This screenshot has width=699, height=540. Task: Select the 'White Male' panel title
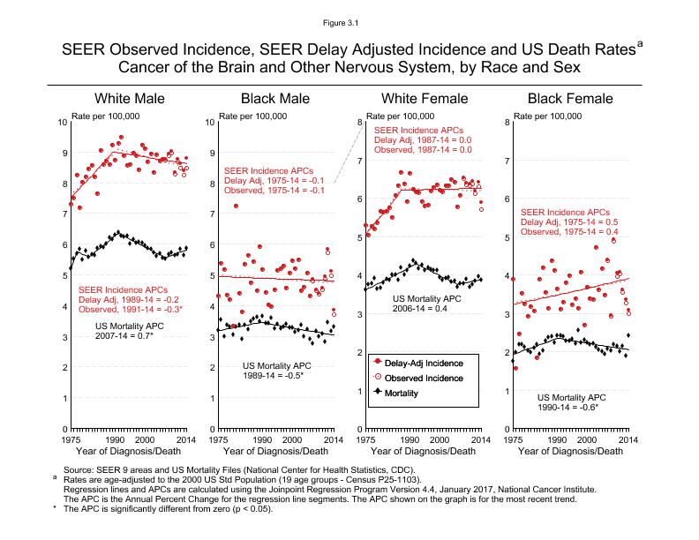130,98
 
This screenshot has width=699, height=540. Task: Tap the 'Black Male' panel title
274,98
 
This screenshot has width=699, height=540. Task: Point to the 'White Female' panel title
421,98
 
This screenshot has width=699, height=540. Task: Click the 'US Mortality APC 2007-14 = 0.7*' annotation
137,331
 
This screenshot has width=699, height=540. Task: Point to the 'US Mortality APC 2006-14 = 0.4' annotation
428,304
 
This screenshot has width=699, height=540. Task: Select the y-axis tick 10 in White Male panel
61,122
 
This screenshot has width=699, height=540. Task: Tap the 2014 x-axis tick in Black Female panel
628,439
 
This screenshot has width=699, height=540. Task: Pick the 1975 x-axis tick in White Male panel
70,439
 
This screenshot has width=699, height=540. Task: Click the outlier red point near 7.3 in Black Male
236,206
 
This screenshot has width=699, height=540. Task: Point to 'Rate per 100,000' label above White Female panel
400,116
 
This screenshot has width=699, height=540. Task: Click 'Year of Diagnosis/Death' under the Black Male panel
274,451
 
